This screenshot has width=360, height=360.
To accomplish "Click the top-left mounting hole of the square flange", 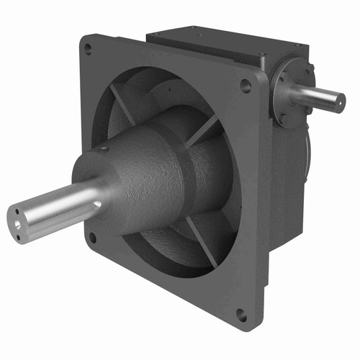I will (88, 49).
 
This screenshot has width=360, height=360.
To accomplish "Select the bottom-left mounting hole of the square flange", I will (92, 236).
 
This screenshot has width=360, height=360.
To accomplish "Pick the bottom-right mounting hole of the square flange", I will (241, 315).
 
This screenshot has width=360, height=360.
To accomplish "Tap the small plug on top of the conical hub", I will (105, 149).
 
